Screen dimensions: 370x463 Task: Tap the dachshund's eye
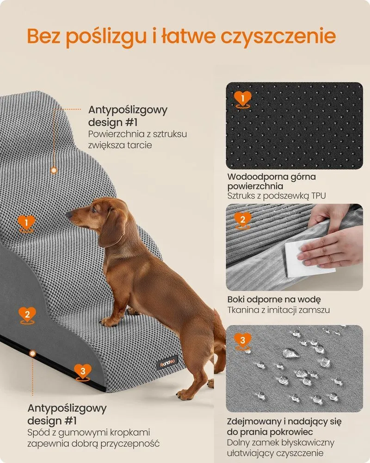tap(95, 210)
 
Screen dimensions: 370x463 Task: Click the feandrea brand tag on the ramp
tap(167, 363)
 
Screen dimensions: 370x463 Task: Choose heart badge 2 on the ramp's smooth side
tap(27, 315)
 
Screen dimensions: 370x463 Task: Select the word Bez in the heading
tap(43, 36)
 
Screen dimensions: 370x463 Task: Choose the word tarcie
tap(140, 145)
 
